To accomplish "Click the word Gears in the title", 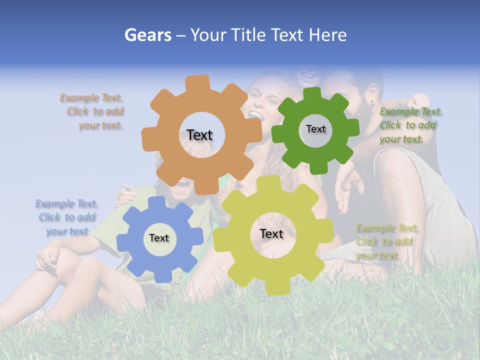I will [148, 35].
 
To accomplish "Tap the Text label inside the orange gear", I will [199, 135].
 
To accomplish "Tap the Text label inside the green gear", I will [315, 129].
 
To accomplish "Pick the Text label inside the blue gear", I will [159, 238].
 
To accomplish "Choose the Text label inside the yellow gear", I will [271, 233].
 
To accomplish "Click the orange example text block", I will [93, 111].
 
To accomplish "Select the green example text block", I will [409, 125].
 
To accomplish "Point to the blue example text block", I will [66, 217].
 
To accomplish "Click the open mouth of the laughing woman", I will [256, 114].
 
